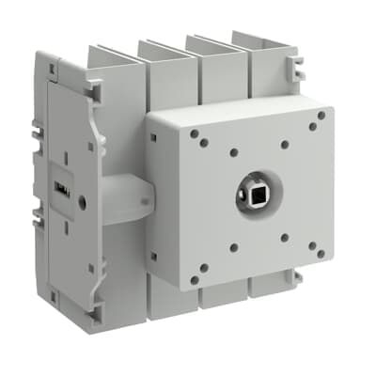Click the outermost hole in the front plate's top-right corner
321,116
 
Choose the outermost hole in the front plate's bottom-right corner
321,253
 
